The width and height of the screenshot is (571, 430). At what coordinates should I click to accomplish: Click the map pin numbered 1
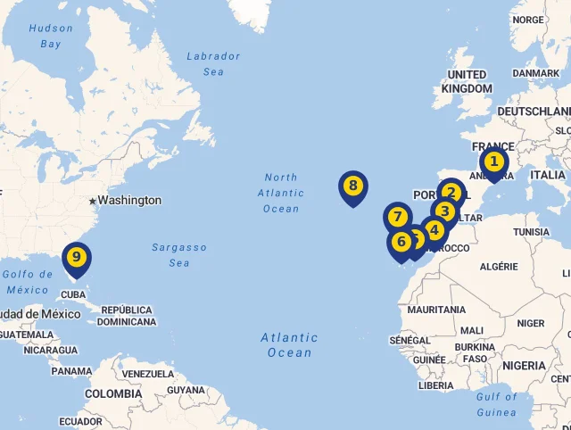click(x=492, y=162)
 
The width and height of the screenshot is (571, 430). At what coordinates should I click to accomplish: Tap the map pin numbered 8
click(x=353, y=186)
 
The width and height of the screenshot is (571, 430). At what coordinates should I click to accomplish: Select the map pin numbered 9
click(x=77, y=258)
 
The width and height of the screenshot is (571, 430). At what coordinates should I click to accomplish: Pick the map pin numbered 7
click(x=398, y=217)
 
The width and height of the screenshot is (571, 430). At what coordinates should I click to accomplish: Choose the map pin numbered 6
click(x=401, y=241)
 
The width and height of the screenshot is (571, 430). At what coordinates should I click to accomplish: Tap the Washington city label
click(x=129, y=201)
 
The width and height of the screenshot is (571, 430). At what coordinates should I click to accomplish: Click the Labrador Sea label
click(x=213, y=63)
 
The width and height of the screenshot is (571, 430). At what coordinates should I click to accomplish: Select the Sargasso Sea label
click(x=178, y=255)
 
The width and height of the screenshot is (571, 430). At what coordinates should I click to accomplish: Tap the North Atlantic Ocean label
click(x=281, y=193)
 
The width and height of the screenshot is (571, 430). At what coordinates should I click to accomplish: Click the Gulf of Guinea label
click(x=496, y=404)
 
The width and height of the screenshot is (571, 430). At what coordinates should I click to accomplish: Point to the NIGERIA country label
click(x=524, y=366)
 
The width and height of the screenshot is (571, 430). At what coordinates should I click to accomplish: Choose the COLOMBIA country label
click(x=113, y=393)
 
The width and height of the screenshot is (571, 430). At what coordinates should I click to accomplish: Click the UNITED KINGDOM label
click(x=467, y=81)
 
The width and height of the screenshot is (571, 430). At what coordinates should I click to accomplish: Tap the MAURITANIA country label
click(x=436, y=310)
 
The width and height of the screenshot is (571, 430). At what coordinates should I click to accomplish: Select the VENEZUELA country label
click(x=148, y=373)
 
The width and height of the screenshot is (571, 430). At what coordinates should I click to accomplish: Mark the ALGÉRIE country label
click(x=499, y=266)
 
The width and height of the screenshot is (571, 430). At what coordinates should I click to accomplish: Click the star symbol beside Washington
click(x=92, y=202)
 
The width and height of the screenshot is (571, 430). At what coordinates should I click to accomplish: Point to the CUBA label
click(x=73, y=294)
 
